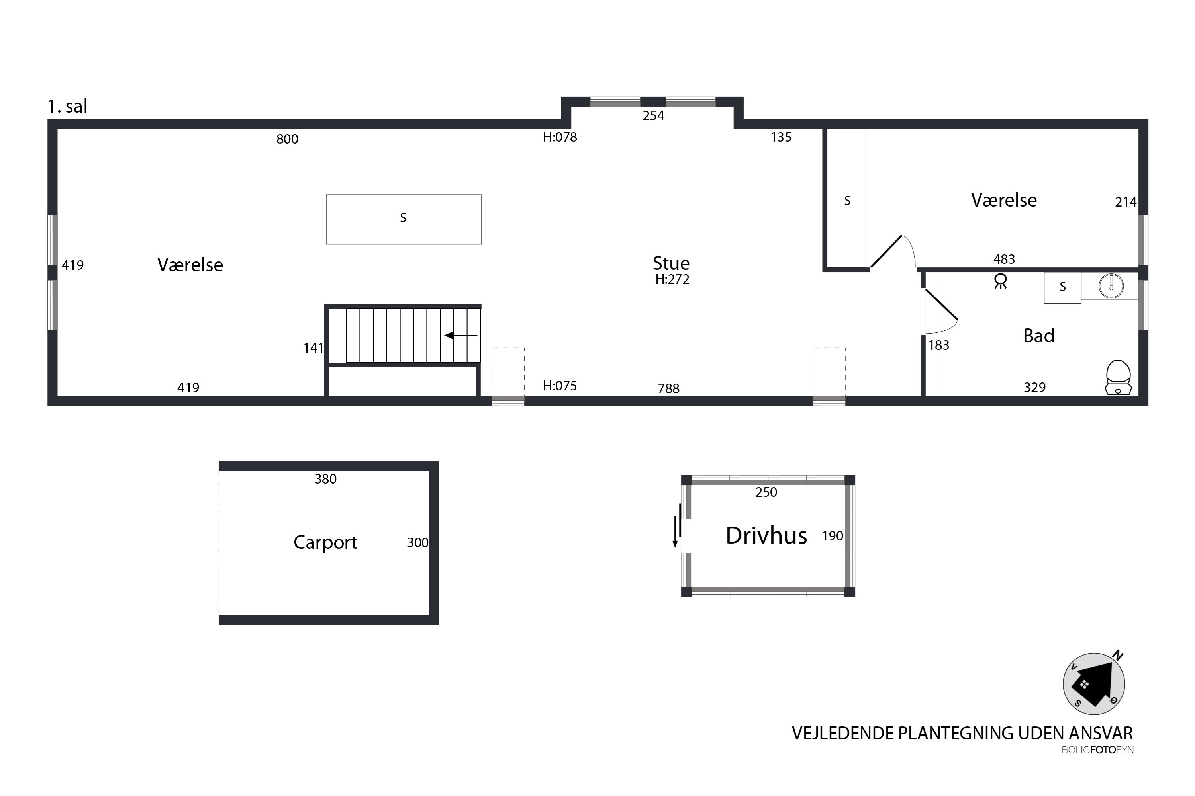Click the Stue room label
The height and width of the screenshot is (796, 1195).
671,263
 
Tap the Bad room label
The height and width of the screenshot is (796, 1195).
1038,336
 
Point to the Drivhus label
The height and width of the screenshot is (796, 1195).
766,536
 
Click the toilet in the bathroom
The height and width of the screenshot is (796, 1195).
1118,377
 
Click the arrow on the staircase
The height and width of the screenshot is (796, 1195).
461,335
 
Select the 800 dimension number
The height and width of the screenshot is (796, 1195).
287,139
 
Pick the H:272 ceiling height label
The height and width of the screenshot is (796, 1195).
672,279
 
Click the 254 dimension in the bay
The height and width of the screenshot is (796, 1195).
653,116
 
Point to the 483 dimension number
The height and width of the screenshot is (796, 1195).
1004,259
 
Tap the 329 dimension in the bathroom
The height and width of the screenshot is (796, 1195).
1034,388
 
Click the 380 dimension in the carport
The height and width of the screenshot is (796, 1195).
326,479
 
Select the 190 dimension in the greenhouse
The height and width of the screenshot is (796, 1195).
833,536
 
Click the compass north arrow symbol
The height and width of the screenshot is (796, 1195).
1093,683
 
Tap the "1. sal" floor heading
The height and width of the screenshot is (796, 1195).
68,106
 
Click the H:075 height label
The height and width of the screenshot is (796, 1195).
560,386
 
